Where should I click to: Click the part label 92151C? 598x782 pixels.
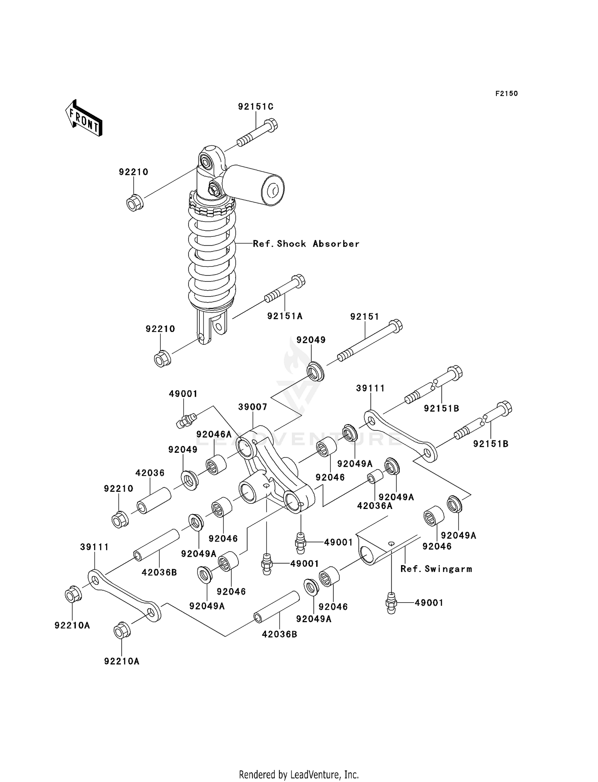[x=256, y=107]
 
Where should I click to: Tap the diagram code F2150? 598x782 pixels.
[x=506, y=94]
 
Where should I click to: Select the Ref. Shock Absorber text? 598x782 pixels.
[x=306, y=244]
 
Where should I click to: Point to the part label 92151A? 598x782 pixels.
[x=285, y=316]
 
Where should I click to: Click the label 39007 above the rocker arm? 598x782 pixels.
[x=252, y=407]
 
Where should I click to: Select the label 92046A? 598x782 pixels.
[x=214, y=434]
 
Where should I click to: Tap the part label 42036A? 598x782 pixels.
[x=374, y=506]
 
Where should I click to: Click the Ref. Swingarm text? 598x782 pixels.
[x=436, y=569]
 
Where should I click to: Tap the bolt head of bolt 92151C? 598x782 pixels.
[x=271, y=125]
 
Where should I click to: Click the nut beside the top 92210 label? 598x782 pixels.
[x=135, y=202]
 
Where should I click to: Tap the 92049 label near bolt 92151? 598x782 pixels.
[x=311, y=340]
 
